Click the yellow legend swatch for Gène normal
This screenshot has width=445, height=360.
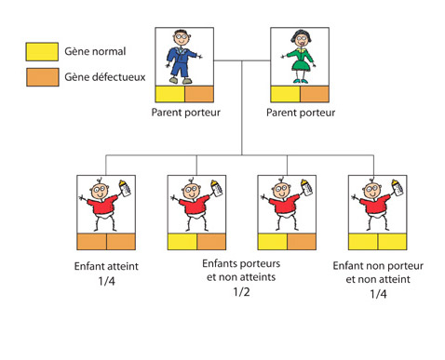(42, 51)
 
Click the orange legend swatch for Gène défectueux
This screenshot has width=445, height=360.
(42, 77)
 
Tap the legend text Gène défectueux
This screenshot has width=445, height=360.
(105, 77)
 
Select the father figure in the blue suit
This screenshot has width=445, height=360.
(183, 57)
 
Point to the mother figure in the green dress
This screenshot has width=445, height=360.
(299, 57)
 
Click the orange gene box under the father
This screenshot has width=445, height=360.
(199, 94)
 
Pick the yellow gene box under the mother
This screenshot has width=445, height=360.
(285, 94)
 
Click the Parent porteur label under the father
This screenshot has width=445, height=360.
(186, 113)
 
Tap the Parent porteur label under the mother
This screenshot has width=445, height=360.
(301, 113)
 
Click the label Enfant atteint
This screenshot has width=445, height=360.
(106, 266)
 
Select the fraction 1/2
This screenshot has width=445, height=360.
(241, 291)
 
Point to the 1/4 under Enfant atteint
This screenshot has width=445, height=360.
(106, 281)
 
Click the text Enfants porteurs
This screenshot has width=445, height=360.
(241, 263)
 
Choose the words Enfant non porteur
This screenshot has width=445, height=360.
(378, 266)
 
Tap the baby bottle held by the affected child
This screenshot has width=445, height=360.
(125, 188)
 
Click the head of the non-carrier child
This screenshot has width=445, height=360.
(372, 190)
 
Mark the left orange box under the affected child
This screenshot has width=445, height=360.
(91, 242)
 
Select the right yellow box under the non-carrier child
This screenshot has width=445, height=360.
(392, 242)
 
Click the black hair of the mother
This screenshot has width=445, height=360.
(301, 35)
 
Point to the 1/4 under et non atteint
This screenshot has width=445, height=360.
(378, 294)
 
